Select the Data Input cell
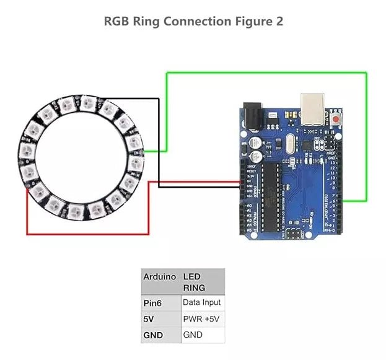(202, 303)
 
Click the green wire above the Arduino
(266, 72)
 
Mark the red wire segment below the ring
(87, 234)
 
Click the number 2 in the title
(279, 22)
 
